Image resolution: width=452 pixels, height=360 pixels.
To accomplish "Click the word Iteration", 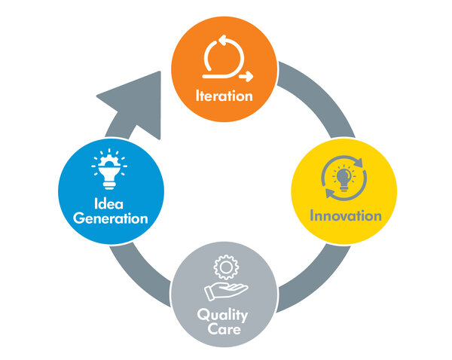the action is [x=224, y=96].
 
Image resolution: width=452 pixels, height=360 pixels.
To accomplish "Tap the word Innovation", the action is [x=346, y=215].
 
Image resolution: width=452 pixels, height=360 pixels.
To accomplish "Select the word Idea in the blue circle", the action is [x=108, y=204].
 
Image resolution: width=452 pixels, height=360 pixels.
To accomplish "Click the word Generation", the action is [x=111, y=218].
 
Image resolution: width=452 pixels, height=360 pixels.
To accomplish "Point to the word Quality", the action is [x=222, y=315].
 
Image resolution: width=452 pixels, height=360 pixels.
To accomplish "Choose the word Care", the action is [x=224, y=329].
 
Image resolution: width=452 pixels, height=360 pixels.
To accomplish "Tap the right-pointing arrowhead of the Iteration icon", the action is [x=247, y=76].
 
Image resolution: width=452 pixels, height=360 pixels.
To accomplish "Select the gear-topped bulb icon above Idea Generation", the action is [x=109, y=169].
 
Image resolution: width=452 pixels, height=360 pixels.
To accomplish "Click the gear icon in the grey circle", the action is [x=226, y=267].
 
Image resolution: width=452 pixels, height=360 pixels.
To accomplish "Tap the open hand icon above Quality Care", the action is [x=226, y=291].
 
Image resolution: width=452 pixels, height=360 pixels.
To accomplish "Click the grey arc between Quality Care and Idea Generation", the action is [x=139, y=276].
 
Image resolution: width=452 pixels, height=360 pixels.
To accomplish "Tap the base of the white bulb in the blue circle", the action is [x=109, y=185].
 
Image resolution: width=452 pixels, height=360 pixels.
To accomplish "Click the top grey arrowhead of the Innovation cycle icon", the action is [x=358, y=162].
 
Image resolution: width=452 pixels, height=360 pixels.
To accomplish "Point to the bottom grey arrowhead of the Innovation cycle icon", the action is [x=331, y=193].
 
